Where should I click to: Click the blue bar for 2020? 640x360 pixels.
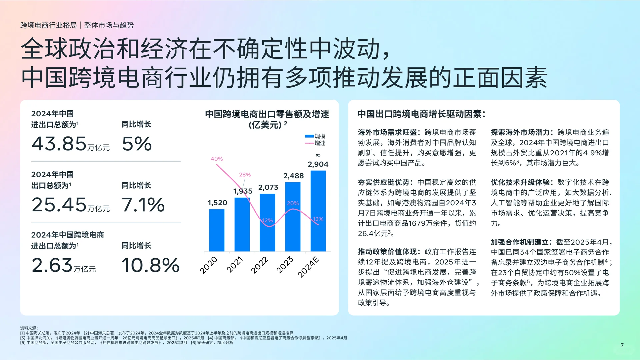click(217, 230)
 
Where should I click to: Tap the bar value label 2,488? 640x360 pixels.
click(293, 176)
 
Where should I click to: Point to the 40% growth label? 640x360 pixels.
click(217, 159)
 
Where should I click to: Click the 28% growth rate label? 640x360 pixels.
click(245, 174)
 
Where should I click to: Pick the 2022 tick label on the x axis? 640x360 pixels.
click(259, 265)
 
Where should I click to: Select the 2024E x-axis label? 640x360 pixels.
click(308, 267)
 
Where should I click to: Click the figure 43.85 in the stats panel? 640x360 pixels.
click(59, 144)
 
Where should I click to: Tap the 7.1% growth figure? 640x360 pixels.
click(143, 204)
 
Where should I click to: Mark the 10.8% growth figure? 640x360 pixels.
click(150, 265)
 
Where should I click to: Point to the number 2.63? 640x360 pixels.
click(52, 265)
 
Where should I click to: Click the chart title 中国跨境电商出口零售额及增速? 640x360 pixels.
click(267, 114)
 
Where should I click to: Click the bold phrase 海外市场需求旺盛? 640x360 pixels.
click(387, 132)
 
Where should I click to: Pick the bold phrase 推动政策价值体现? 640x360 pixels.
click(387, 252)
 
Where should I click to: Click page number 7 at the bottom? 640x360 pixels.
click(622, 345)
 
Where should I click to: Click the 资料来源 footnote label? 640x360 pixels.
click(29, 328)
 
